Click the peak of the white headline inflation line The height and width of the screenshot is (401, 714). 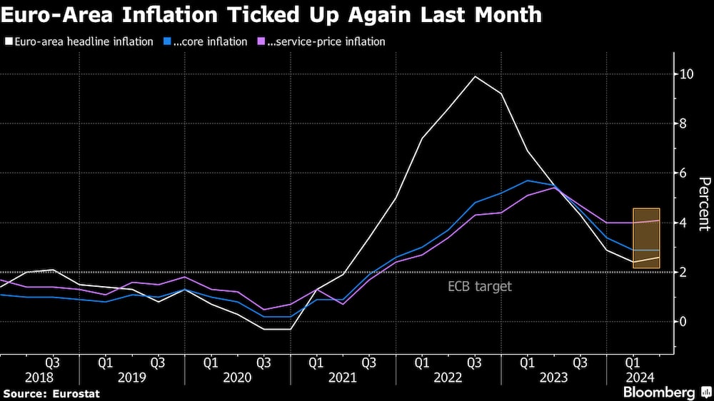(x=475, y=76)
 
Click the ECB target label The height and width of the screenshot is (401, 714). (x=480, y=287)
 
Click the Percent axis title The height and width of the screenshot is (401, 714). (x=703, y=204)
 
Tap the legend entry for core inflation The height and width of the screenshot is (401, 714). (x=207, y=41)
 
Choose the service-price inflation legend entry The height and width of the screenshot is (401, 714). (x=326, y=41)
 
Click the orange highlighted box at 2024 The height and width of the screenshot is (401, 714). (x=645, y=238)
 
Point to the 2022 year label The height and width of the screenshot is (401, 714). (x=448, y=377)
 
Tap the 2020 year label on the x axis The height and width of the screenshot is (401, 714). (x=237, y=377)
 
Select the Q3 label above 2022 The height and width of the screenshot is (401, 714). (x=475, y=362)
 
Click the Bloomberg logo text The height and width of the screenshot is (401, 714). (x=658, y=392)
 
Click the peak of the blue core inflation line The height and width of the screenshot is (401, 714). (x=527, y=181)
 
